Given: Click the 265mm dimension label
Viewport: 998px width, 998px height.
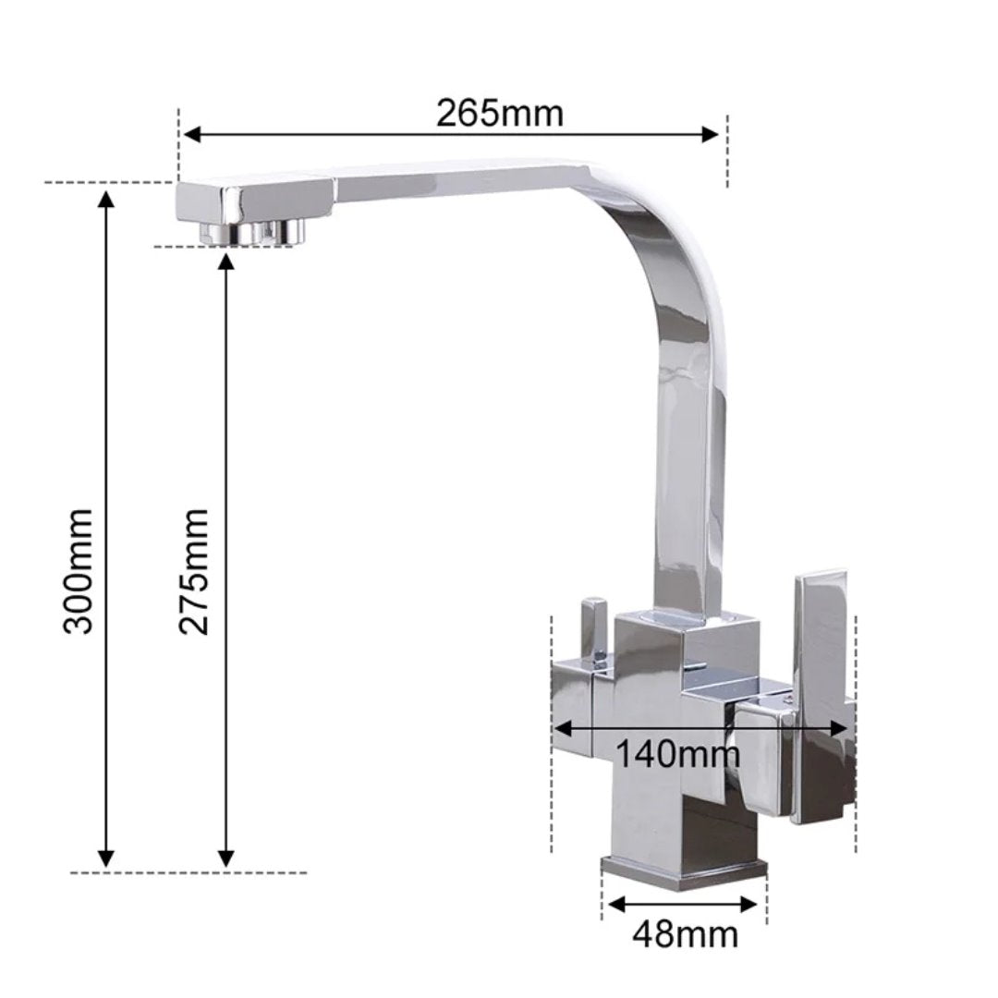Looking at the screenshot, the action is [x=500, y=114].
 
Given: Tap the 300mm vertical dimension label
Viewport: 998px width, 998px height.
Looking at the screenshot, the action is [x=79, y=570].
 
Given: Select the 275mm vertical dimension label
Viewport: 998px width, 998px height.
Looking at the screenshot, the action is [x=193, y=571].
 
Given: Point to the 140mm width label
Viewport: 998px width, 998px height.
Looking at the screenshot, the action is [x=678, y=755].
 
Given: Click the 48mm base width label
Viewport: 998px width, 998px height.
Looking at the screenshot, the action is [x=685, y=934].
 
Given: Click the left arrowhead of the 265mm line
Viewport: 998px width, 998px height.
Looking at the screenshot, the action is [x=191, y=134].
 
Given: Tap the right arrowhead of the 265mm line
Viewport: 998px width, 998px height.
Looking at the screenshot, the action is [x=709, y=134].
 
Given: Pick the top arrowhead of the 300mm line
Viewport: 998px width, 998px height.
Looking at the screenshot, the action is [x=106, y=199].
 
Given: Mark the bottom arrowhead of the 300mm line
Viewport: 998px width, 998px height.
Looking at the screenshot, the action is [x=106, y=858].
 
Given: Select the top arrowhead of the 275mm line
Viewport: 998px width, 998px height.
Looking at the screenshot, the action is [x=226, y=262].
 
